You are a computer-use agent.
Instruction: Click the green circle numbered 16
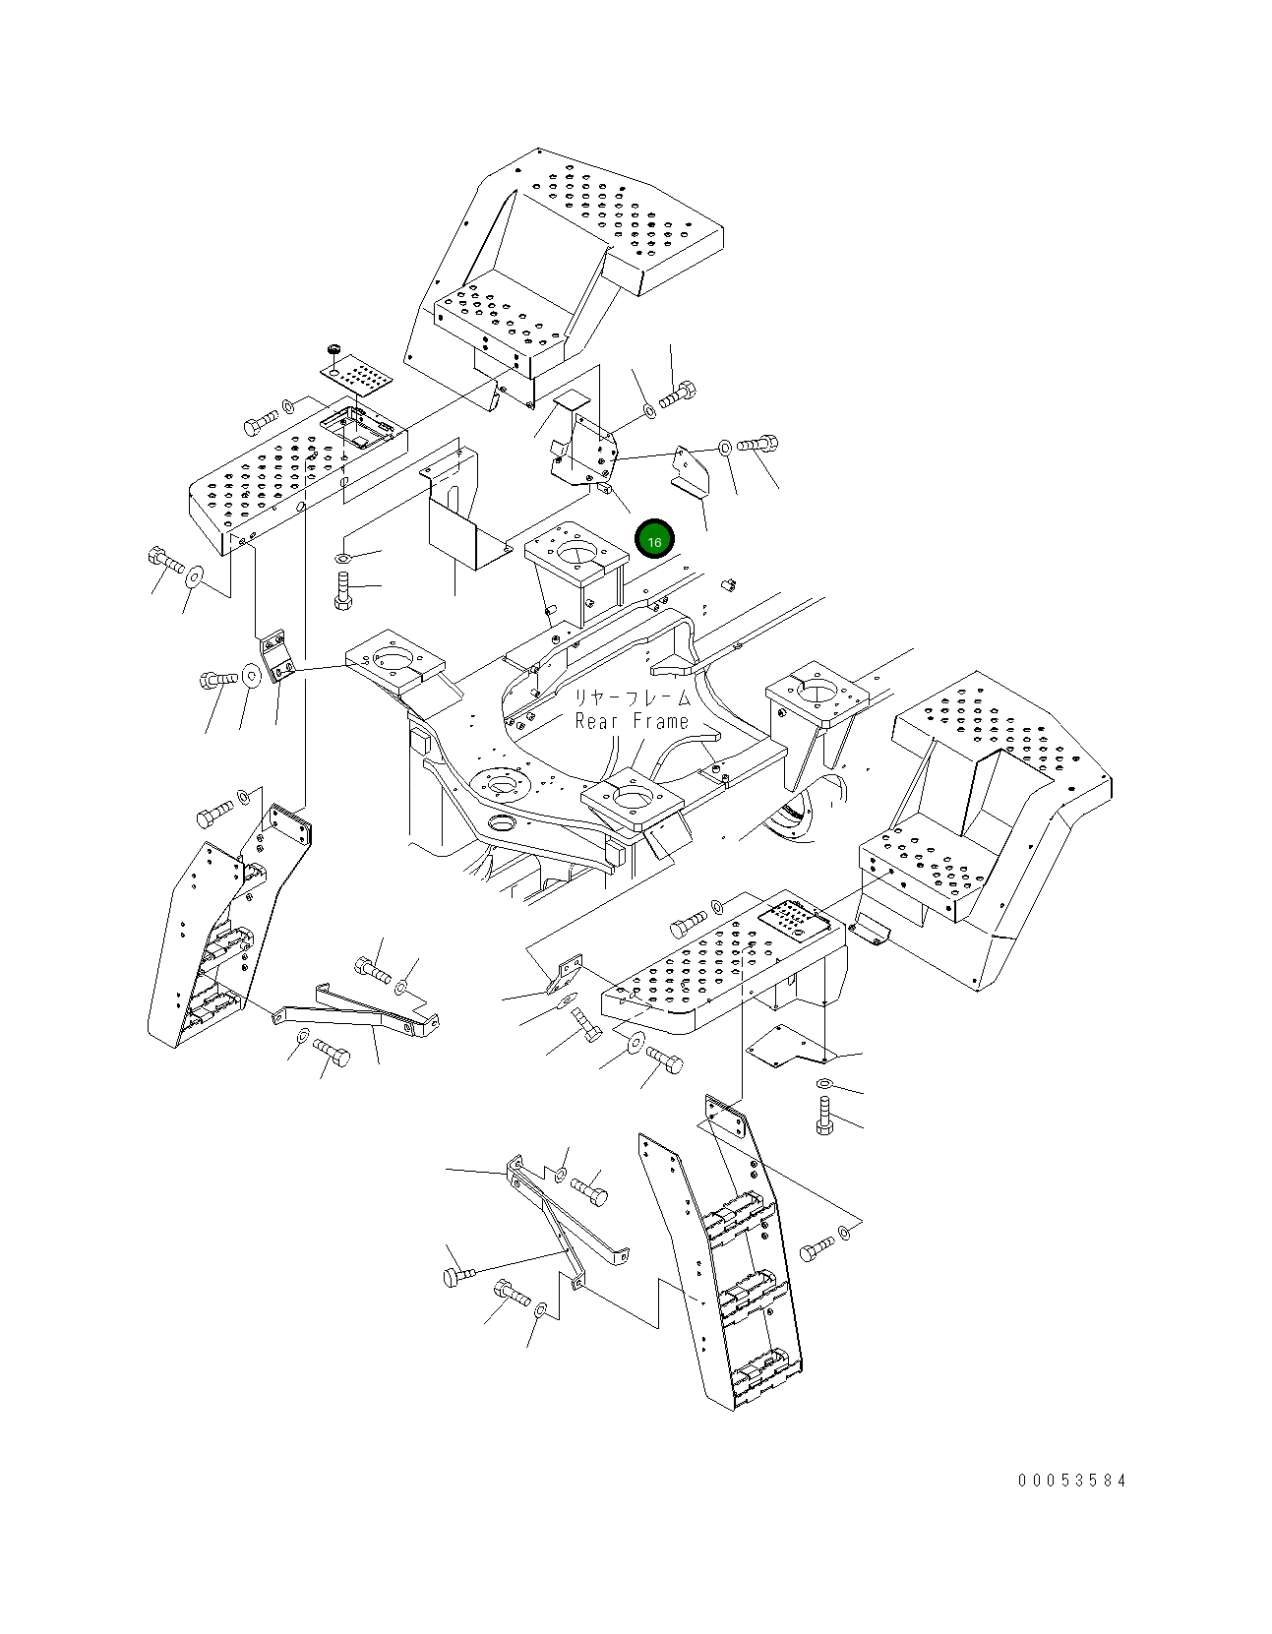point(654,540)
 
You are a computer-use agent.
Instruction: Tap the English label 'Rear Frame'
point(632,721)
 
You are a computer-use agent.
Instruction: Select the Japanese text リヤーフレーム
point(632,697)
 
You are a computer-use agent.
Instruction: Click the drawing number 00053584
point(1072,1481)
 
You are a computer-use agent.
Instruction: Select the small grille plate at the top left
point(356,377)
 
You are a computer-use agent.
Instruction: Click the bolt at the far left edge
point(165,563)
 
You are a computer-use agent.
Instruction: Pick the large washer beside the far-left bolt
point(196,574)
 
